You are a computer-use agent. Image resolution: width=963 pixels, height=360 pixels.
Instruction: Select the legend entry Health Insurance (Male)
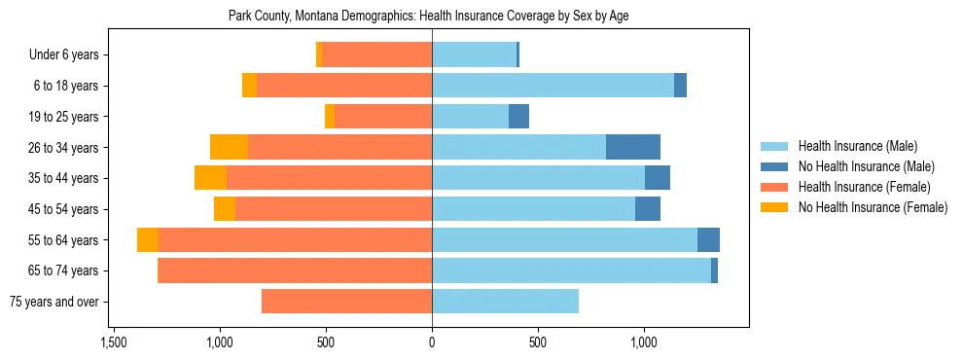(857, 146)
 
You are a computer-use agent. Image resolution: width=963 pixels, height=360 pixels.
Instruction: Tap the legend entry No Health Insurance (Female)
(873, 207)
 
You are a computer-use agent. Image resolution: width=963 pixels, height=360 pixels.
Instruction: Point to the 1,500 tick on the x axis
(114, 343)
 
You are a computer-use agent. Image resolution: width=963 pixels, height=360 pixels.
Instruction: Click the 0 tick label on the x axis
(432, 343)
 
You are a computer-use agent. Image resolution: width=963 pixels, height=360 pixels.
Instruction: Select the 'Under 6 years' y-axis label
(63, 55)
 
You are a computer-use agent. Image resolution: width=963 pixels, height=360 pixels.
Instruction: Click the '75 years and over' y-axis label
(54, 302)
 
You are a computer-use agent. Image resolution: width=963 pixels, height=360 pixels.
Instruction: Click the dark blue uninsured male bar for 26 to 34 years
(633, 147)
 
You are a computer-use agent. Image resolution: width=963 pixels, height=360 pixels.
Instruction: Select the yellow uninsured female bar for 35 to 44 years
(210, 178)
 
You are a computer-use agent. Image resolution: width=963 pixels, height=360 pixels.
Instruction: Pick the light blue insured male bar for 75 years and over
(505, 302)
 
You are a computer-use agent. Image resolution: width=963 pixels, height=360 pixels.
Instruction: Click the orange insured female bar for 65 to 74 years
(295, 270)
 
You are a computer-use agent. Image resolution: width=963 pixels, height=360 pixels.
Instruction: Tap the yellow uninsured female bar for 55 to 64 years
(148, 240)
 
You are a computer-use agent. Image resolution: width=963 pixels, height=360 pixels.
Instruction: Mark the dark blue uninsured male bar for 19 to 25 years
(518, 117)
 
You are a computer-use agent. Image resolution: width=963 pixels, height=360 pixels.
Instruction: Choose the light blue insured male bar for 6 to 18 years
(553, 86)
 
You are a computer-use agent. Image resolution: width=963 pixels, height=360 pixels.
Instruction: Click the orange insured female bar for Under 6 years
(376, 55)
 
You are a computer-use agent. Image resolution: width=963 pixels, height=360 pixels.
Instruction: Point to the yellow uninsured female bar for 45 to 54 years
(225, 209)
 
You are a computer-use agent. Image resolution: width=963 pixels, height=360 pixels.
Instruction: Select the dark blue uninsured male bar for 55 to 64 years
(708, 240)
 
